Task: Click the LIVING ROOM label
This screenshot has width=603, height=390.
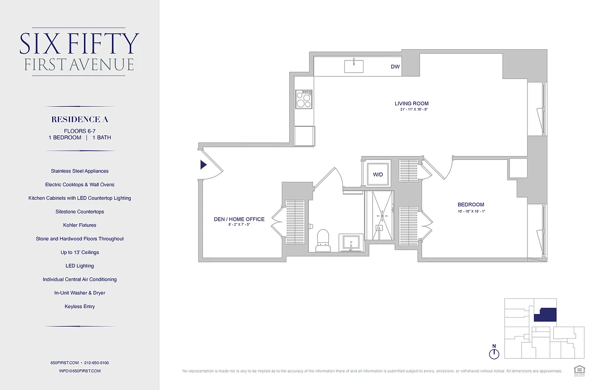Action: (x=411, y=103)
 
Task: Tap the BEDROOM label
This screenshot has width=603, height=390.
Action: (x=470, y=205)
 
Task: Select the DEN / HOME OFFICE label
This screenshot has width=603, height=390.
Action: (x=239, y=219)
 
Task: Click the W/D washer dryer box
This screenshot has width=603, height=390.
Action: (x=378, y=175)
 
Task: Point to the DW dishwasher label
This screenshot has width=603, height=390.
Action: (x=395, y=67)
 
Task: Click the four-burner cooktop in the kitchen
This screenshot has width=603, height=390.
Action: (x=304, y=99)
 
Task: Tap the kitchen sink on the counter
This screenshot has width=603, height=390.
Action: (x=354, y=66)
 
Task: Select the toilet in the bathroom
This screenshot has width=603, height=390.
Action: (x=323, y=241)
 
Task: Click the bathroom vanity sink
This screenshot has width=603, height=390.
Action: (x=351, y=242)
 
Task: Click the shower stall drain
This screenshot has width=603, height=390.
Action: (x=382, y=215)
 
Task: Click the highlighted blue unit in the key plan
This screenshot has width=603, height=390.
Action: (x=545, y=315)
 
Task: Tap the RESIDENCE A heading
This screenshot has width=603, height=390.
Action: (x=80, y=119)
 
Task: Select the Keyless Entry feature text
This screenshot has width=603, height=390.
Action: (x=80, y=307)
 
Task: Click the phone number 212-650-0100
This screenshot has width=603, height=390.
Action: (x=97, y=363)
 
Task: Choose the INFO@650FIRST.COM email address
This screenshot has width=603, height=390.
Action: (x=80, y=371)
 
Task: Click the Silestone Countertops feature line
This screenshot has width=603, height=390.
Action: (x=80, y=212)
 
